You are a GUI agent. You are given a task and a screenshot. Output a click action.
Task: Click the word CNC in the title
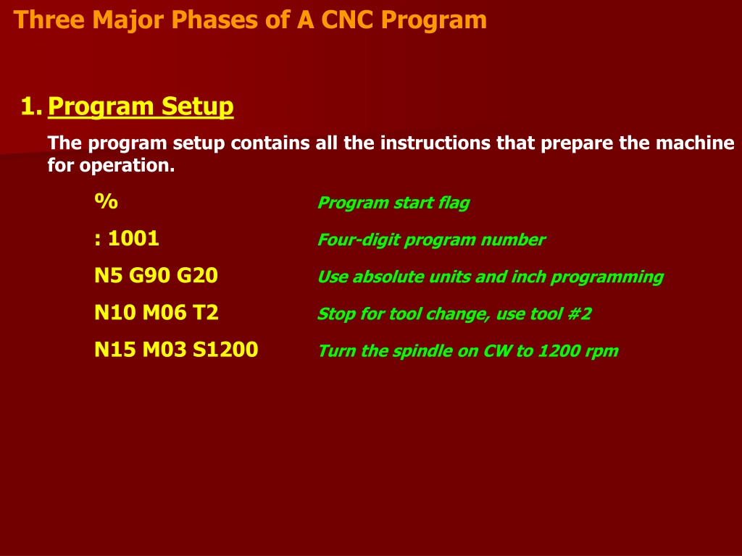[x=347, y=20]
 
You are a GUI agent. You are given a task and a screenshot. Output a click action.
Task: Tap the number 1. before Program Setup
[x=31, y=106]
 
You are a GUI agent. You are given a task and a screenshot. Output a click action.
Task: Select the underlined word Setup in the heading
[x=197, y=106]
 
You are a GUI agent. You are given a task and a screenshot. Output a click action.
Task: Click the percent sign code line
[x=106, y=201]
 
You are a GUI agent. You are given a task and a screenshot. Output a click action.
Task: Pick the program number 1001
[x=133, y=238]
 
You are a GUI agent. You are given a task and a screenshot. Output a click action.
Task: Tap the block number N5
[x=109, y=275]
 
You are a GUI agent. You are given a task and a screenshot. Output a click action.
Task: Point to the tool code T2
[x=205, y=313]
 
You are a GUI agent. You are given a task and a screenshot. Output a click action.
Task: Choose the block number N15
[x=115, y=350]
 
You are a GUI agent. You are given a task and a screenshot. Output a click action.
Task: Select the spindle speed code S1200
[x=225, y=350]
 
